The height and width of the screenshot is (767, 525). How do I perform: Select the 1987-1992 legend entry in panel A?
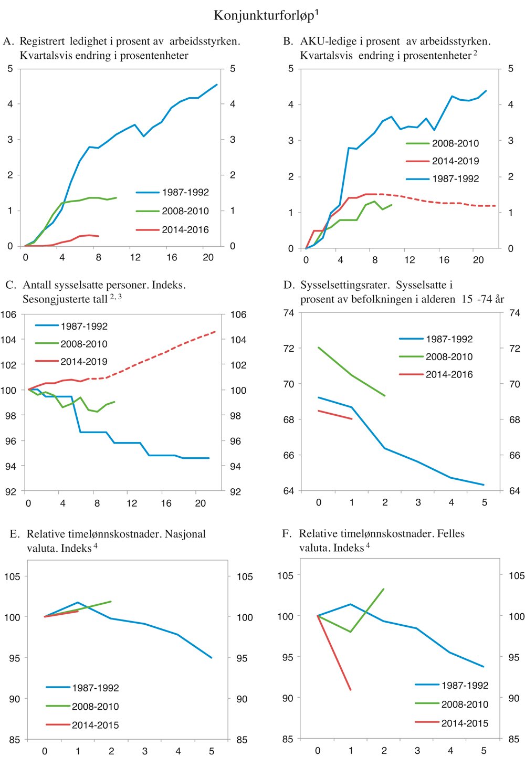[185, 193]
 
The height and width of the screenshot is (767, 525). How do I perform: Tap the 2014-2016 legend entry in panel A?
[185, 230]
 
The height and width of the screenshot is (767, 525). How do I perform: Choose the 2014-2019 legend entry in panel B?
[455, 161]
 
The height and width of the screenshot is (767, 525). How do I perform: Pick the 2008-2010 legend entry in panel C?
[83, 344]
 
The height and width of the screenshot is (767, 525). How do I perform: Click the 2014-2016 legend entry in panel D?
[449, 374]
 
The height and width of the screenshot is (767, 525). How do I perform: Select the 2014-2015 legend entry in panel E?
[95, 725]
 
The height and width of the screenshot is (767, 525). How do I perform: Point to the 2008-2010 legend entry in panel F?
[465, 704]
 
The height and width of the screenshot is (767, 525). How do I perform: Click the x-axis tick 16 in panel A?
[172, 257]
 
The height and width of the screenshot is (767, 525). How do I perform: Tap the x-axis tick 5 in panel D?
[485, 502]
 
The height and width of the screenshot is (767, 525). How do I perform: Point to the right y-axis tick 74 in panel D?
[514, 313]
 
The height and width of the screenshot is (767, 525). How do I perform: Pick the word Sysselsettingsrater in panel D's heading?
[344, 285]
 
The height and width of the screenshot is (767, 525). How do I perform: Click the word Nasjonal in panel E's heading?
[185, 534]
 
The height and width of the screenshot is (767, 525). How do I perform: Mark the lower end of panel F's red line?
[351, 690]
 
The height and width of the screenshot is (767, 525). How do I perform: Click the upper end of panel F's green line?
[384, 589]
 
